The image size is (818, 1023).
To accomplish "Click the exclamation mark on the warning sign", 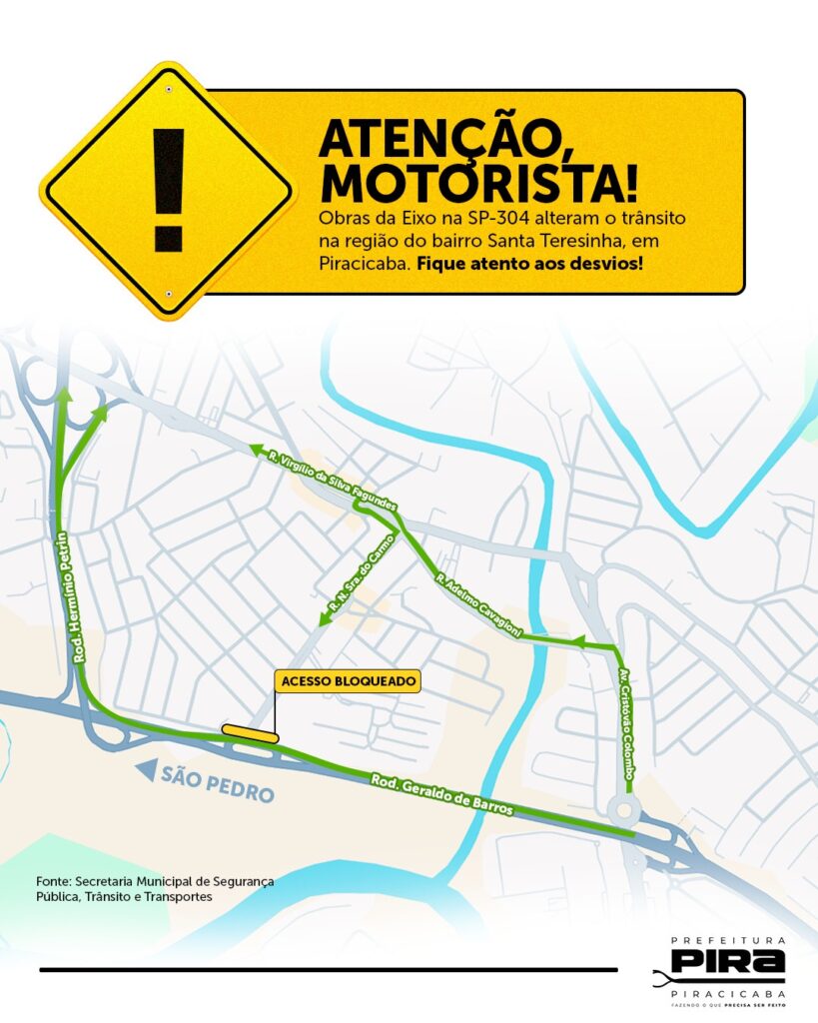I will pos(168,190).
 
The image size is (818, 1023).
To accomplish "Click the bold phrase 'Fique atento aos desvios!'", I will pos(529,264).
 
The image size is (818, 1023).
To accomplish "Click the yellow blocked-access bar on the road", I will pos(251,733).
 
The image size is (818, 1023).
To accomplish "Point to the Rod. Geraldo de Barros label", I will pos(441,795).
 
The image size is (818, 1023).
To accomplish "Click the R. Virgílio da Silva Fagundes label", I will pos(333,481).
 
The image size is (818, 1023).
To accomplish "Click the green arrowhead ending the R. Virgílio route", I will pos(256,451).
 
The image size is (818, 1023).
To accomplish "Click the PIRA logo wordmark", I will pos(726,962).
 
